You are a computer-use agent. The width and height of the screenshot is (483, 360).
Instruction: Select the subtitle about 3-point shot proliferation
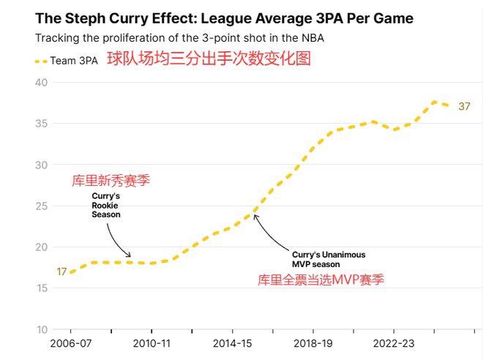pos(180,37)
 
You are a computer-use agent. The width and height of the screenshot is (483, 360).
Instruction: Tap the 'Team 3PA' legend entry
pos(67,61)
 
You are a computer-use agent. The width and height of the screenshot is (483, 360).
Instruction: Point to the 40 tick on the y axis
pos(41,83)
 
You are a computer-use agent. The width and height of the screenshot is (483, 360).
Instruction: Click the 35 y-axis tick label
pos(41,124)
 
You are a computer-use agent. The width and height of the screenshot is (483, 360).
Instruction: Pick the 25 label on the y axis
pos(41,206)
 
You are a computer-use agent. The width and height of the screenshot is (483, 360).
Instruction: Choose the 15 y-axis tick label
pos(41,288)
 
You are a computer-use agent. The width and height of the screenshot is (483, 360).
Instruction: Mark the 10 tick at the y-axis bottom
pos(41,329)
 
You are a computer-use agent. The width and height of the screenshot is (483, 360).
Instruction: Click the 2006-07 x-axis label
pos(71,342)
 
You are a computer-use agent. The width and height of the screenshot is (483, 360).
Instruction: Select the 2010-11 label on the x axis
pos(151,342)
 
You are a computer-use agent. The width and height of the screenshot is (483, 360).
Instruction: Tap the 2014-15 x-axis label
pos(231,342)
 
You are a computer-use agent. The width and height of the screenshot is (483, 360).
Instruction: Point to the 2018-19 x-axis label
pos(312,342)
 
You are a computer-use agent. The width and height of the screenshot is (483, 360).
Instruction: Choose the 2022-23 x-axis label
pos(392,342)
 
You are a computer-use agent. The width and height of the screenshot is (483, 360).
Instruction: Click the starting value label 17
pos(61,272)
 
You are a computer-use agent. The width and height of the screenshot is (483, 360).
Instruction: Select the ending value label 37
pos(464,107)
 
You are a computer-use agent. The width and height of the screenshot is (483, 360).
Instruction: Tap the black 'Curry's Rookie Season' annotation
pos(106,205)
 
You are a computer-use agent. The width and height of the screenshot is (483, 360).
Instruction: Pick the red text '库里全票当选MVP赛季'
pos(321,280)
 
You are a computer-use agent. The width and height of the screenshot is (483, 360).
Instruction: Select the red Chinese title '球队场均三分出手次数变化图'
pos(209,59)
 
